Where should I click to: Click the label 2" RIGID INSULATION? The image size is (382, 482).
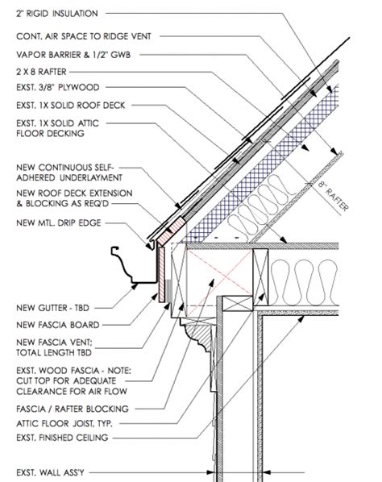pos(57,14)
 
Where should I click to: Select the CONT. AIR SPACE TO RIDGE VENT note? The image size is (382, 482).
pos(84,36)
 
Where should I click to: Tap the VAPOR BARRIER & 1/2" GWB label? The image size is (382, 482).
pos(73,55)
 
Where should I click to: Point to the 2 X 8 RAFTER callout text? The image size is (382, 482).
pos(41,72)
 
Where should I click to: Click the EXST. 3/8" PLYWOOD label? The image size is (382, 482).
pos(58,87)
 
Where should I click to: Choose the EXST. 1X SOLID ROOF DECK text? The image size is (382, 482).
pos(71,106)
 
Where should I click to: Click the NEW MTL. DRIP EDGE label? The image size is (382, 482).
pos(58,222)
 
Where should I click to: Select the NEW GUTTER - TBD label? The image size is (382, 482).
pos(52,308)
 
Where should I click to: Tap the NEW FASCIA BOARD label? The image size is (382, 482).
pos(58,325)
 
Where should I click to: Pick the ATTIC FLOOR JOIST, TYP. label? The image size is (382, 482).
pos(64,424)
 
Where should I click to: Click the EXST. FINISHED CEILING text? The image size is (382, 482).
pos(62,438)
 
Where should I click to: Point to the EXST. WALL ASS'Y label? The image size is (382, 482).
pos(50,472)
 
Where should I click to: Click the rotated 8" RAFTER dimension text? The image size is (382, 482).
pos(334,196)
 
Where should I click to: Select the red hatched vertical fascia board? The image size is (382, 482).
pos(161,274)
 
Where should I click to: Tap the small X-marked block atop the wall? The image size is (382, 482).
pos(237,304)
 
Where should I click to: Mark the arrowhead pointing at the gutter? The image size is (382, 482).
pos(134,286)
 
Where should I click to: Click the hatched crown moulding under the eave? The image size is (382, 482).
pos(200,338)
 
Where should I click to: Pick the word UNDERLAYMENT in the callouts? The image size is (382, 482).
pos(91,177)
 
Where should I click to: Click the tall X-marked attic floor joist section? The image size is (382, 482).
pos(260,277)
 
